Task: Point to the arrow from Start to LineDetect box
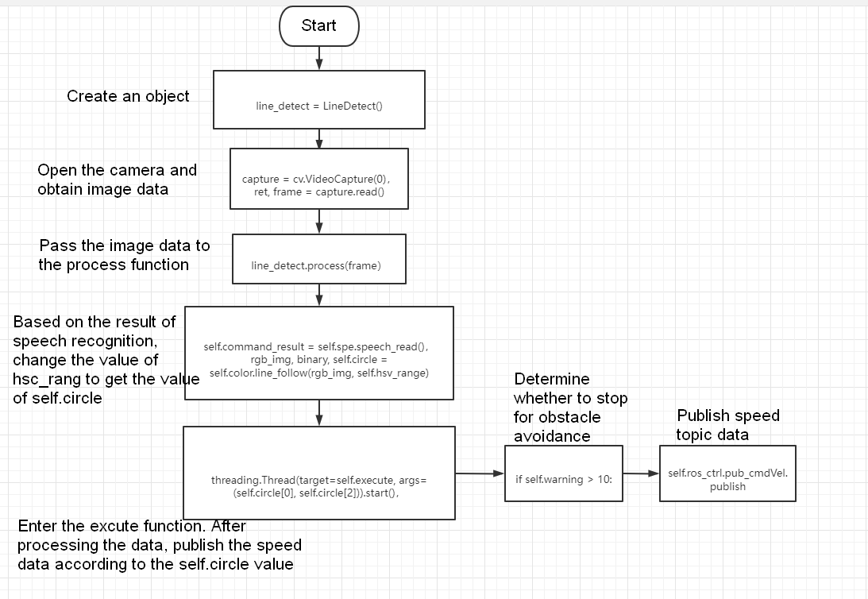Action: pos(319,58)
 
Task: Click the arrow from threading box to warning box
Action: pos(480,473)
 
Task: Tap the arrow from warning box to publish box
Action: pos(641,473)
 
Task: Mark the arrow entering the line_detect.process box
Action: pos(319,222)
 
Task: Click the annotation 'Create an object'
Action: pos(128,96)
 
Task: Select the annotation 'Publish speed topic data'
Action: pos(728,424)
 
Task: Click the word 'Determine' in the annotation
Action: pos(552,379)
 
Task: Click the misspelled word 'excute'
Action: pos(114,526)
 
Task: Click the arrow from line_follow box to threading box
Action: pos(319,413)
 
